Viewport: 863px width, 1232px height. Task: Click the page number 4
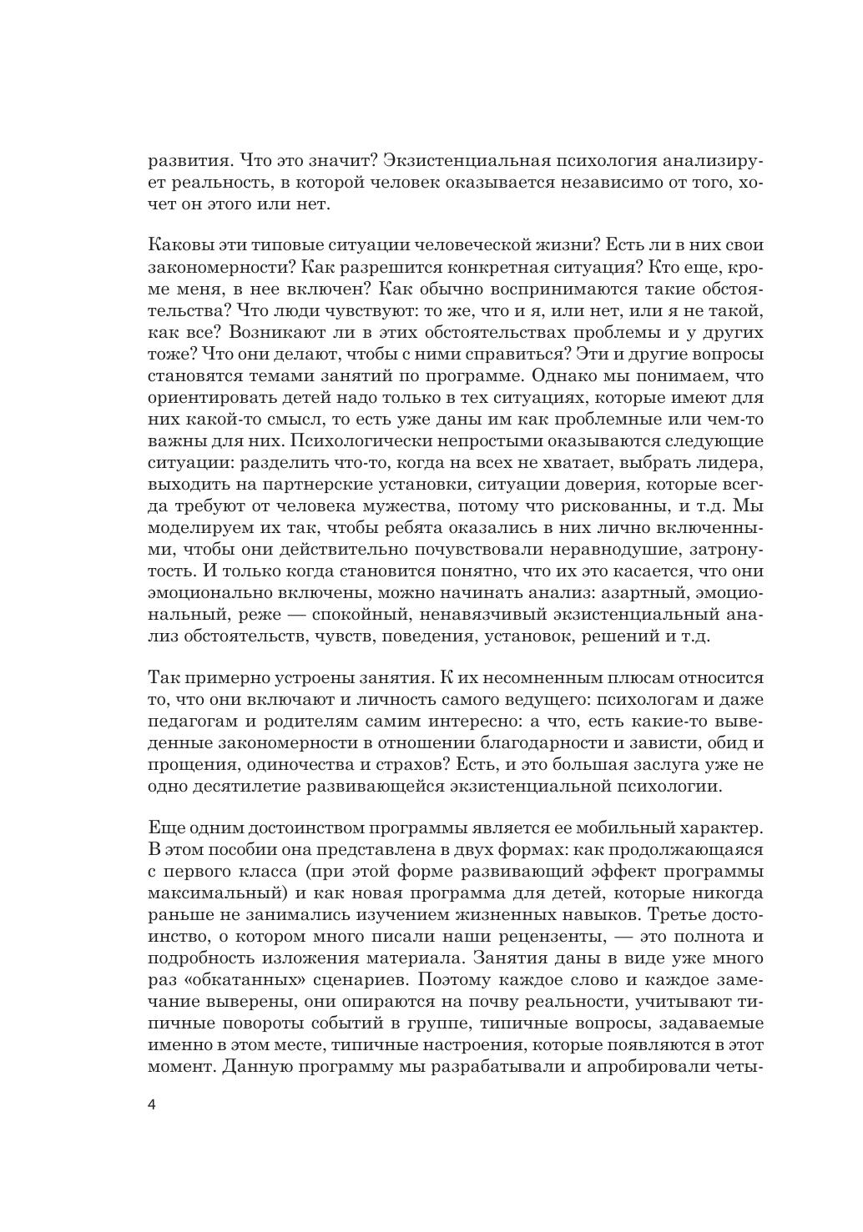pos(152,1105)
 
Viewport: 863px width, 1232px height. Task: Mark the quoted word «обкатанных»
pos(237,981)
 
